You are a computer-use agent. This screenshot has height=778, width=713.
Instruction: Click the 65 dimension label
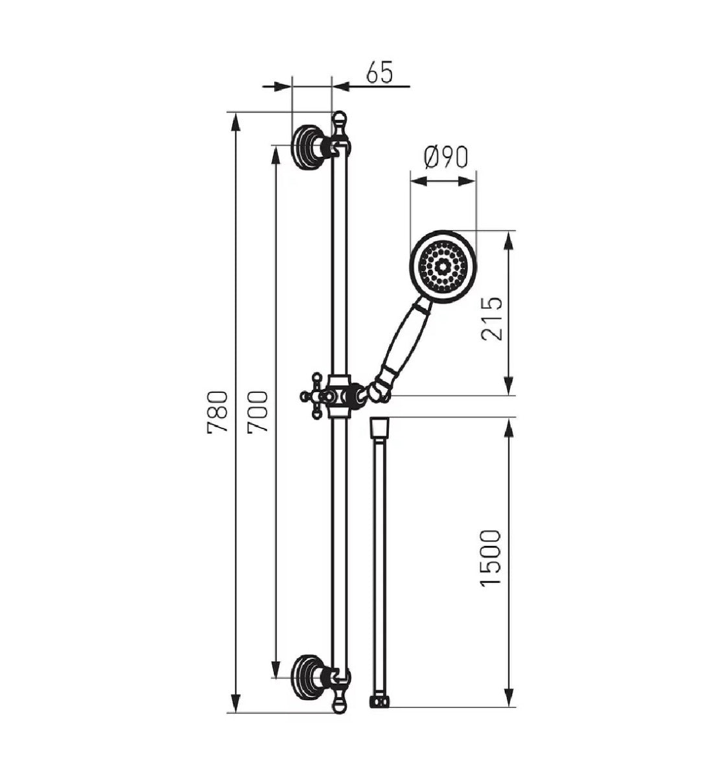click(x=380, y=72)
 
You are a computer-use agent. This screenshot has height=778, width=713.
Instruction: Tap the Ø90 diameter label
click(x=446, y=158)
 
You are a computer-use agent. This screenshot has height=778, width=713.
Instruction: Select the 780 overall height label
click(x=217, y=412)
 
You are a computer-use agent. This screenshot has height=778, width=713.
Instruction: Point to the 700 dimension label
click(x=258, y=412)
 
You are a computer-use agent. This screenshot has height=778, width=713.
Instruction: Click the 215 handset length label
click(x=491, y=319)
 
